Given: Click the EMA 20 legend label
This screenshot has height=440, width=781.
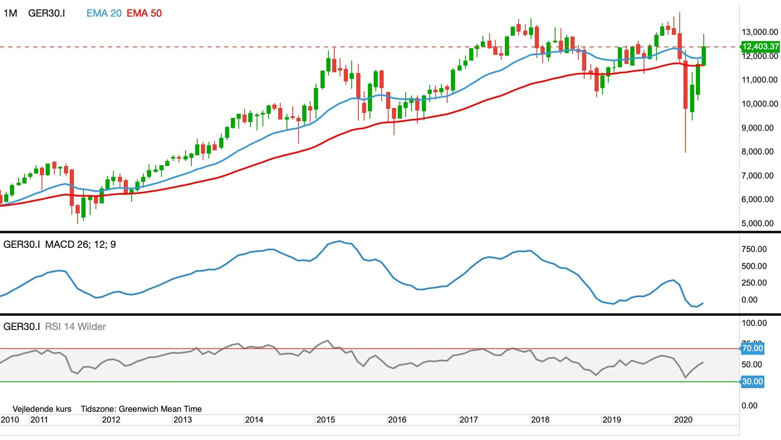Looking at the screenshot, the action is (x=104, y=13).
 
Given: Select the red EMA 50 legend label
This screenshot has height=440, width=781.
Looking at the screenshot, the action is (x=144, y=13).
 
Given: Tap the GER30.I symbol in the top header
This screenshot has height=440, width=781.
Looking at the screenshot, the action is (x=47, y=13).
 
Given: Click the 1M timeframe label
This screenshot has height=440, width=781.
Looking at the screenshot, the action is (x=10, y=13).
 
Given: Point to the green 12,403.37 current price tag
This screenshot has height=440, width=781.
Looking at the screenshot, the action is (x=760, y=46).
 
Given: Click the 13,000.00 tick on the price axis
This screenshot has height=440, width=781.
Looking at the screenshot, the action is (x=760, y=32).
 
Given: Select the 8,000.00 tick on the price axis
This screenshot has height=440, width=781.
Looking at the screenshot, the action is (x=758, y=152).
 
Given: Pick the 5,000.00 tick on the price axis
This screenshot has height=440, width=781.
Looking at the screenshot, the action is (x=758, y=223).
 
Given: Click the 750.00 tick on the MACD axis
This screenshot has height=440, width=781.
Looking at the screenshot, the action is (x=754, y=249).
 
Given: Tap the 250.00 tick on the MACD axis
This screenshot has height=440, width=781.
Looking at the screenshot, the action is (x=754, y=283).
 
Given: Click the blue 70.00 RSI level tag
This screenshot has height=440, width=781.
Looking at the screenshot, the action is (x=752, y=348).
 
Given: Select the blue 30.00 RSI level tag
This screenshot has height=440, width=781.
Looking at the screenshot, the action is (x=752, y=381).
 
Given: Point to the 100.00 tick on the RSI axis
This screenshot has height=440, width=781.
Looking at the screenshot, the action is (x=754, y=323).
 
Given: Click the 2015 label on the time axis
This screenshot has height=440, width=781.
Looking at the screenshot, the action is (x=326, y=420).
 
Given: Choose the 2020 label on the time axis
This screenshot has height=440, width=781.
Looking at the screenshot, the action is (x=683, y=420).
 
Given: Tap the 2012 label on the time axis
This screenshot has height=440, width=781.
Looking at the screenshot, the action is (x=111, y=420).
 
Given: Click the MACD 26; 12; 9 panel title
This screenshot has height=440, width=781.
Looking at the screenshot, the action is (x=81, y=244).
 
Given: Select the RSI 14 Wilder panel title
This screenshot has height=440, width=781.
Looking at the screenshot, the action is (x=75, y=327).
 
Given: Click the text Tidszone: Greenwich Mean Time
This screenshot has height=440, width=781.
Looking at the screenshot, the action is (x=141, y=409).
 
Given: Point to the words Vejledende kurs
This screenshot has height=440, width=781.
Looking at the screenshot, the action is (x=42, y=409).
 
